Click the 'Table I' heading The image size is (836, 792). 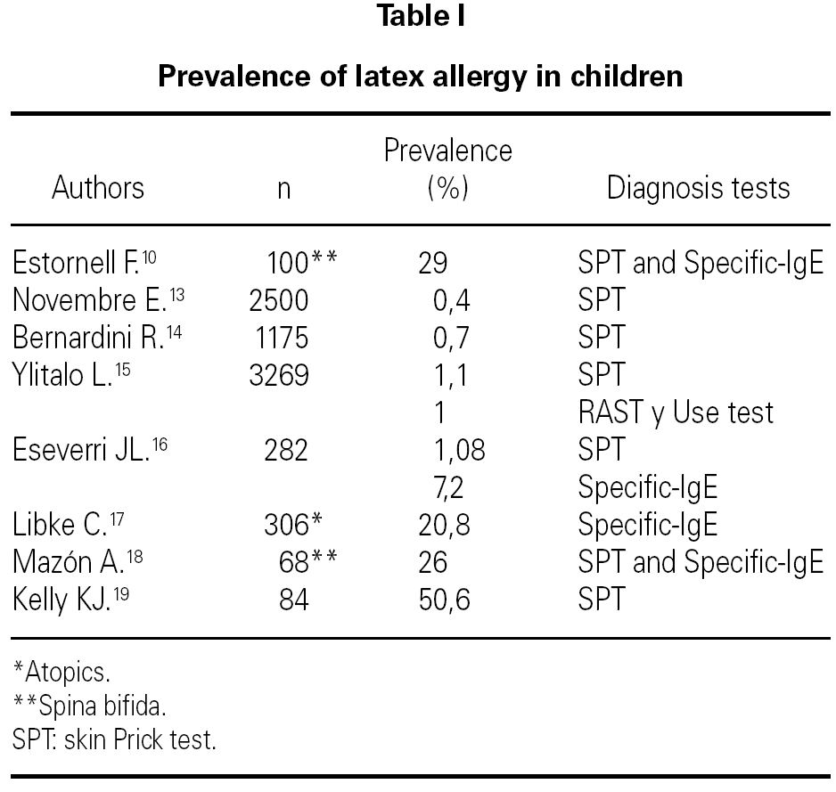pos(419,17)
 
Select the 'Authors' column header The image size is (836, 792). pos(97,188)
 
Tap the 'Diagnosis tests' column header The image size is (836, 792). pos(698,188)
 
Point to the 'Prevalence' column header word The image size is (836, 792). pos(447,151)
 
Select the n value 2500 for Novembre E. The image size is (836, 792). pos(279,301)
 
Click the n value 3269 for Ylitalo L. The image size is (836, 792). pos(279,375)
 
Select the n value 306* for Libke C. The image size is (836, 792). pos(291,525)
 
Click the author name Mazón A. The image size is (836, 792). pos(68,562)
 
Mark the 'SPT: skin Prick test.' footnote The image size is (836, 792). pos(115,739)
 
